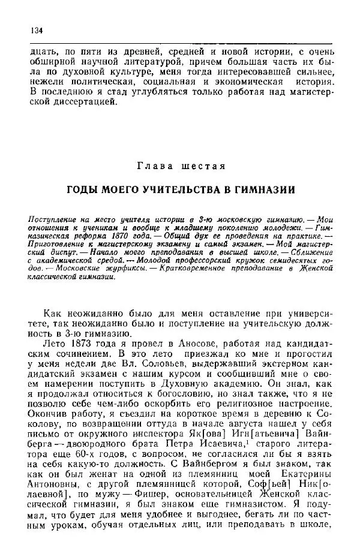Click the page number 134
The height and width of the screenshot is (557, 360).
click(34, 31)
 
